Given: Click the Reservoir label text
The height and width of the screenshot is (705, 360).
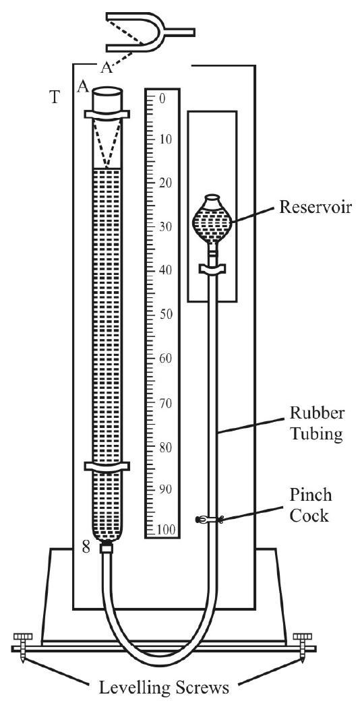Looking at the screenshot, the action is coord(314,208).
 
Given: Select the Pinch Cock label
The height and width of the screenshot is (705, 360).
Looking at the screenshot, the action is coord(311,505).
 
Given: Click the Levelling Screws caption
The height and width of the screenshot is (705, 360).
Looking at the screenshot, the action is coord(164,687).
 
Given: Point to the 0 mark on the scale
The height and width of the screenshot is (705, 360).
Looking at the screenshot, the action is coord(162,98).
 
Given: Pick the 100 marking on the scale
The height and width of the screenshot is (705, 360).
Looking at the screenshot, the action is coord(166,530).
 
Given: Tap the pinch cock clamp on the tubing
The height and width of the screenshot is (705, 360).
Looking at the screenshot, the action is coord(210,520).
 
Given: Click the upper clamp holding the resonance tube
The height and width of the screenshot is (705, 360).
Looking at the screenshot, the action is coord(107,114).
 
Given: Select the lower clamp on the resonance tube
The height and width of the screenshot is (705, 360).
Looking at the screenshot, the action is coord(107,466).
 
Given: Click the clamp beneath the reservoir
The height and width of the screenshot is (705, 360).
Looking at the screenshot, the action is coord(212,270).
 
